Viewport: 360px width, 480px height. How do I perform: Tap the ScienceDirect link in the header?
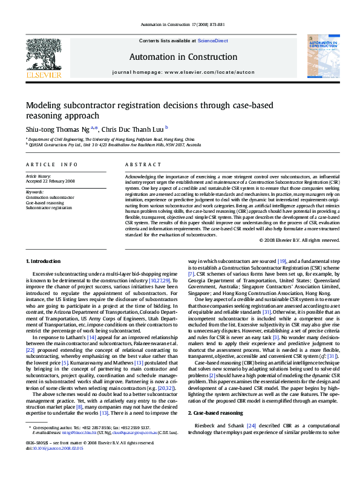pos(213,41)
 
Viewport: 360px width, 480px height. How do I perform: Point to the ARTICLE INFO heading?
pos(51,164)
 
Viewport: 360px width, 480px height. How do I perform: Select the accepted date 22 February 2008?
pos(50,181)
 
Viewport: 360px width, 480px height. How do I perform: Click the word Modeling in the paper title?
pos(45,105)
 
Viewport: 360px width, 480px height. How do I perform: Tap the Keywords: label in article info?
pos(35,191)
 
